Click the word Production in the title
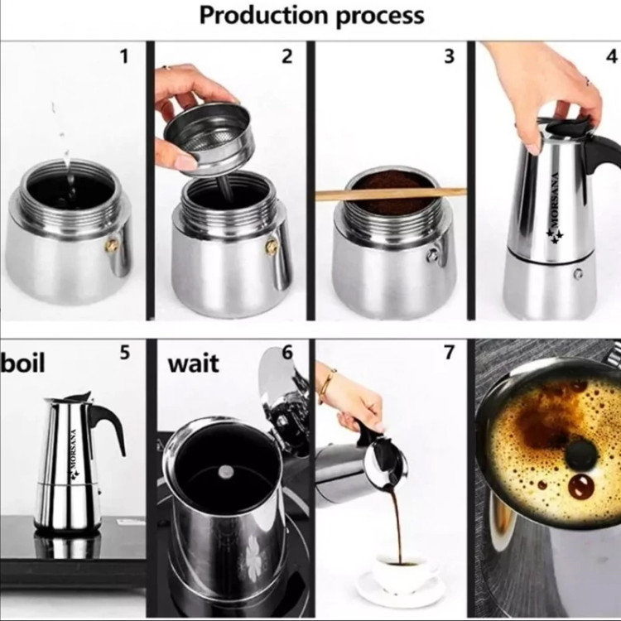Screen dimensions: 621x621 pos(264,15)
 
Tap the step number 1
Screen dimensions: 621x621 pos(124,56)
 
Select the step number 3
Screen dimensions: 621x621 pos(449,56)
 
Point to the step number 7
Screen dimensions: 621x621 pos(449,352)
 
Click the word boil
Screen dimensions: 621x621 pos(22,362)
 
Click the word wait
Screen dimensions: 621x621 pos(193,363)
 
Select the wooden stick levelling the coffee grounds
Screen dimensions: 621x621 pos(391,194)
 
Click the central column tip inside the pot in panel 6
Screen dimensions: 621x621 pos(226,471)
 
